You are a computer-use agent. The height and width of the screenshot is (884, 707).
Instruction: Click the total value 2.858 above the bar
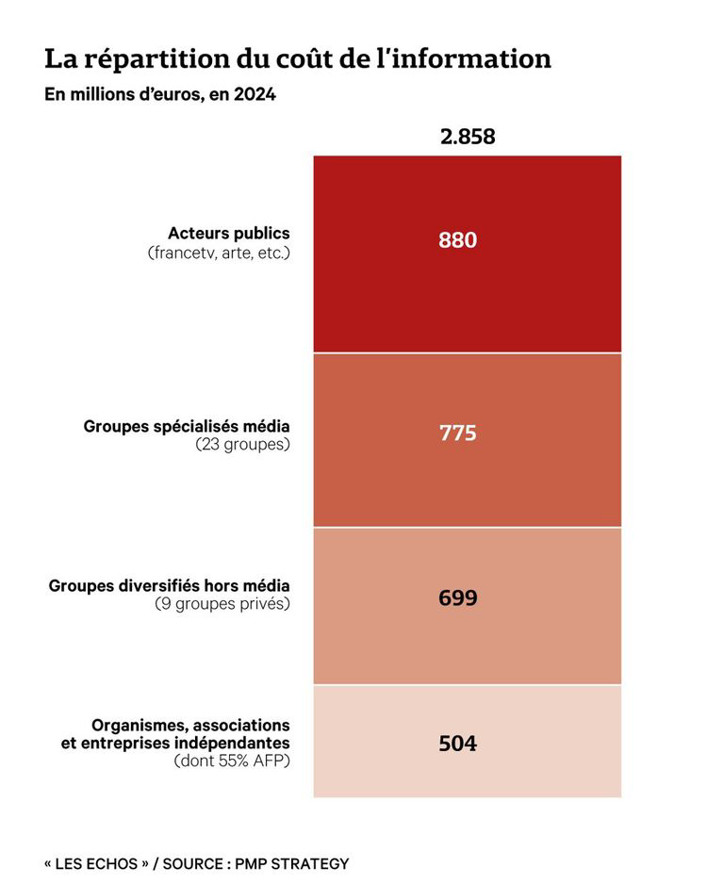(467, 137)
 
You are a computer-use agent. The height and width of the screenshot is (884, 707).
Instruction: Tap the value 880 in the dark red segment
(458, 240)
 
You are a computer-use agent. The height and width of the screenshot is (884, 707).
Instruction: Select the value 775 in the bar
(458, 434)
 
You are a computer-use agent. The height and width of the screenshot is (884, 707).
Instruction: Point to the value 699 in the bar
(458, 598)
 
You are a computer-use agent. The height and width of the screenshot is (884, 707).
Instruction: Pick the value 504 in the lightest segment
(458, 744)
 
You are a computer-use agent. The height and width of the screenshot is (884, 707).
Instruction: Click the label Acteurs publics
(229, 233)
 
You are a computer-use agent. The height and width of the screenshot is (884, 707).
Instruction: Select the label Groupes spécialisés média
(187, 425)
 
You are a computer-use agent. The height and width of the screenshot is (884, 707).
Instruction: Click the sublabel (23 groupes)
(243, 444)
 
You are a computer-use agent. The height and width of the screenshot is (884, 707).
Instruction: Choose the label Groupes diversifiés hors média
(170, 585)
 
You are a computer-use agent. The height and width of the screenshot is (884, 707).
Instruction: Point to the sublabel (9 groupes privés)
(222, 604)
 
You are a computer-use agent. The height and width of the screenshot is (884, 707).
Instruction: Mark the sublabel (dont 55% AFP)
(233, 761)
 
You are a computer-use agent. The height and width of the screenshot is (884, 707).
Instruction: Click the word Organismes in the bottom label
(138, 725)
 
